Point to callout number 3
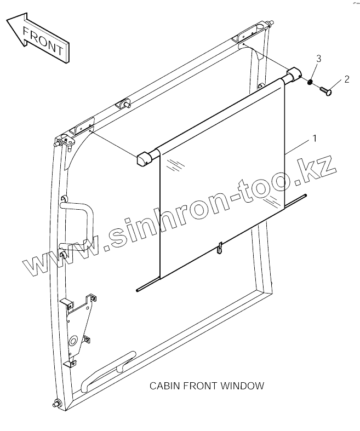pyautogui.click(x=318, y=59)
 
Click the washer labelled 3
pyautogui.click(x=310, y=83)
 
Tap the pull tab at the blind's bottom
pyautogui.click(x=220, y=248)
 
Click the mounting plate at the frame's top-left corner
pyautogui.click(x=82, y=127)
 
